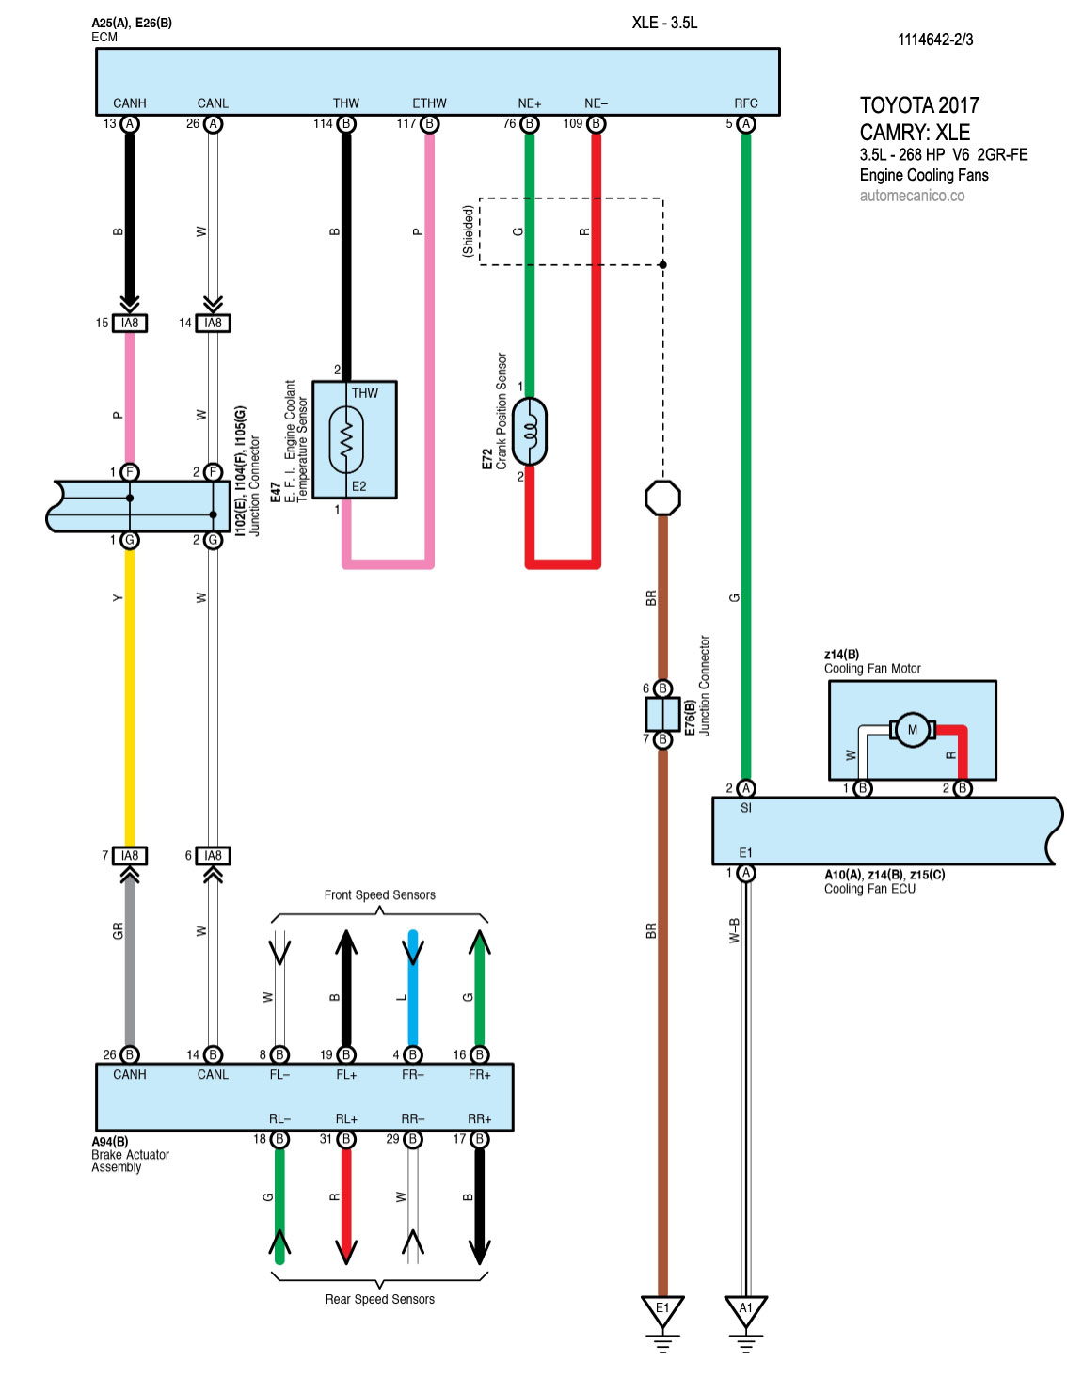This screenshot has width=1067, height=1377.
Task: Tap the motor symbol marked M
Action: tap(912, 730)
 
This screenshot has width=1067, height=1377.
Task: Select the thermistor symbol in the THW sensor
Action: tap(346, 439)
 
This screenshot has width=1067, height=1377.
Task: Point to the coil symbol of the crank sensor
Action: tap(530, 432)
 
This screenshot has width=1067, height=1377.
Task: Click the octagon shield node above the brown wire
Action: tap(662, 498)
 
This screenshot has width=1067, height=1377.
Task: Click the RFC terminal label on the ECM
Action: tap(746, 103)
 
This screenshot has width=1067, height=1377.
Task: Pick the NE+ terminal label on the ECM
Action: tap(530, 103)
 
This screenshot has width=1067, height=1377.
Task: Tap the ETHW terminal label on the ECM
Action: tap(429, 103)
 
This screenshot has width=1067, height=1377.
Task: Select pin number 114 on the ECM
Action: tap(323, 123)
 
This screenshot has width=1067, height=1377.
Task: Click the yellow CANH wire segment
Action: tap(130, 696)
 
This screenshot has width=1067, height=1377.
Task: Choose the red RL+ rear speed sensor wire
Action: tap(346, 1204)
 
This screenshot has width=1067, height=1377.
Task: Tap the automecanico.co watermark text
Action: tap(912, 196)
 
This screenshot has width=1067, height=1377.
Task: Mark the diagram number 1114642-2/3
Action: tap(935, 40)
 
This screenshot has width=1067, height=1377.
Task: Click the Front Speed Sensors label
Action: tap(380, 895)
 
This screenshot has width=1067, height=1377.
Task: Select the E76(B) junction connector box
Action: tap(662, 714)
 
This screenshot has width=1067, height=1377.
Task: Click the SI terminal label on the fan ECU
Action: tap(746, 808)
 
